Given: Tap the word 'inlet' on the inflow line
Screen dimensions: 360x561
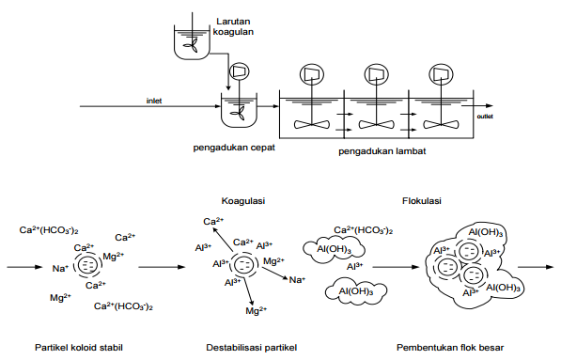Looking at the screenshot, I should (x=154, y=100).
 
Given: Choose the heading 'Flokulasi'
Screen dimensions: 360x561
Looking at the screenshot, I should (x=419, y=200).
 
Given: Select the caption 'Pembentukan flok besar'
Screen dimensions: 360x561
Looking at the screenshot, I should (x=450, y=348).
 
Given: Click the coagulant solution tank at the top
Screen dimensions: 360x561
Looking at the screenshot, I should (x=189, y=38).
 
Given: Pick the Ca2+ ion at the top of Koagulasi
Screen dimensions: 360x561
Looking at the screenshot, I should (x=213, y=222).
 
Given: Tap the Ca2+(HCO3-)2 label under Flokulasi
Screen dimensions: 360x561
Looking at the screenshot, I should (x=364, y=229).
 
